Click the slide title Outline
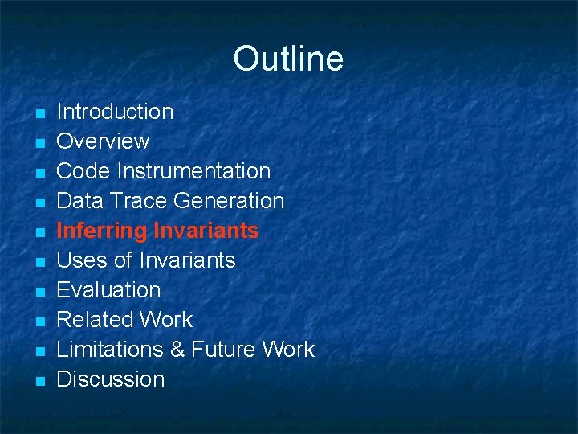coord(288,59)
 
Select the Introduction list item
coord(115,112)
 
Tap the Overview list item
coord(103,141)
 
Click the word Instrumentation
coord(193,171)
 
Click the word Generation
coord(229,201)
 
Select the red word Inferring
coord(102,231)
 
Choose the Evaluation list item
coord(108,290)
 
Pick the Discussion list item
coord(110,379)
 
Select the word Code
coord(83,171)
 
